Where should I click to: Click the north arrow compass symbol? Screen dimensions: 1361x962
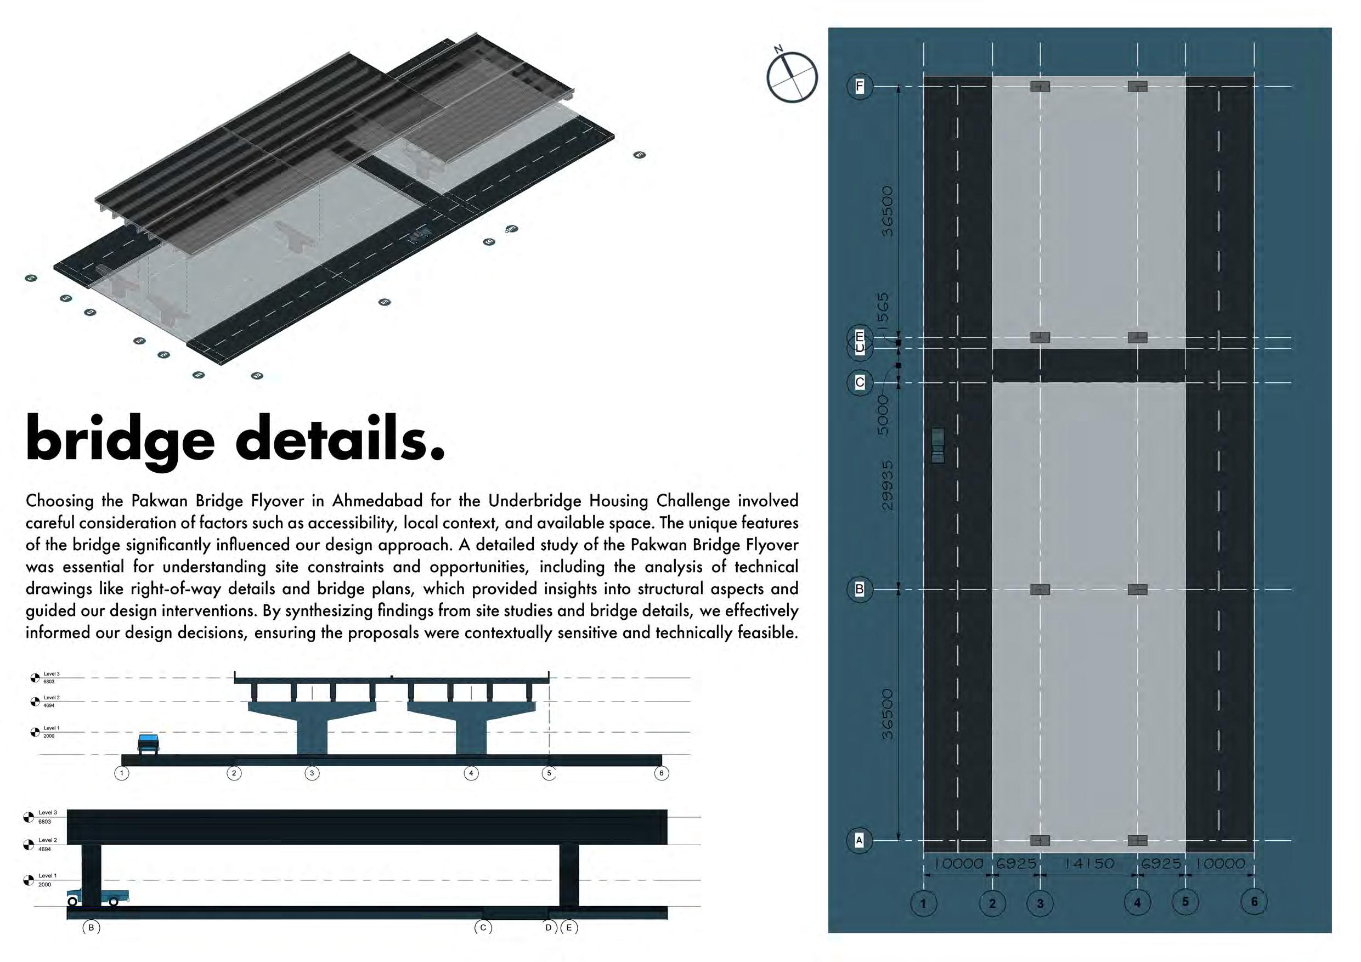792,77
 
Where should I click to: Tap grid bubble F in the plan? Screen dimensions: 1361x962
860,87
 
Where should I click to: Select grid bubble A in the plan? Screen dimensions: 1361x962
860,840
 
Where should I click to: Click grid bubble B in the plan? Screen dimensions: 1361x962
860,589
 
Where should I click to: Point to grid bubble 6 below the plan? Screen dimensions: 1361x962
1253,902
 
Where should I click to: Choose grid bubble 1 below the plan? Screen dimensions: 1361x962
923,904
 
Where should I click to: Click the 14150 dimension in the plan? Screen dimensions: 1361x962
1089,864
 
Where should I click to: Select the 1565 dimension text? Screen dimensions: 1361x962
883,311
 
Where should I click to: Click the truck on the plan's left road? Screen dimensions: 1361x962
938,445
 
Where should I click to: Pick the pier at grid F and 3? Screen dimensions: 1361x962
1040,87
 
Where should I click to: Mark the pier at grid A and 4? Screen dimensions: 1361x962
1137,840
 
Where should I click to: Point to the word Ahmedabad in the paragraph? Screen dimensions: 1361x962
377,501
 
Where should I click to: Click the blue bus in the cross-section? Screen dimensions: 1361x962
148,743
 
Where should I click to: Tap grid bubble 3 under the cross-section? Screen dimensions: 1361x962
312,773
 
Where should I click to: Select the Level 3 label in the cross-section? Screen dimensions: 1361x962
51,674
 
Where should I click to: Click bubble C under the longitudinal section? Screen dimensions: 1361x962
483,927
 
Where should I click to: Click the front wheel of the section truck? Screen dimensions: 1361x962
72,902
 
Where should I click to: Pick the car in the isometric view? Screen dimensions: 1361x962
420,236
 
